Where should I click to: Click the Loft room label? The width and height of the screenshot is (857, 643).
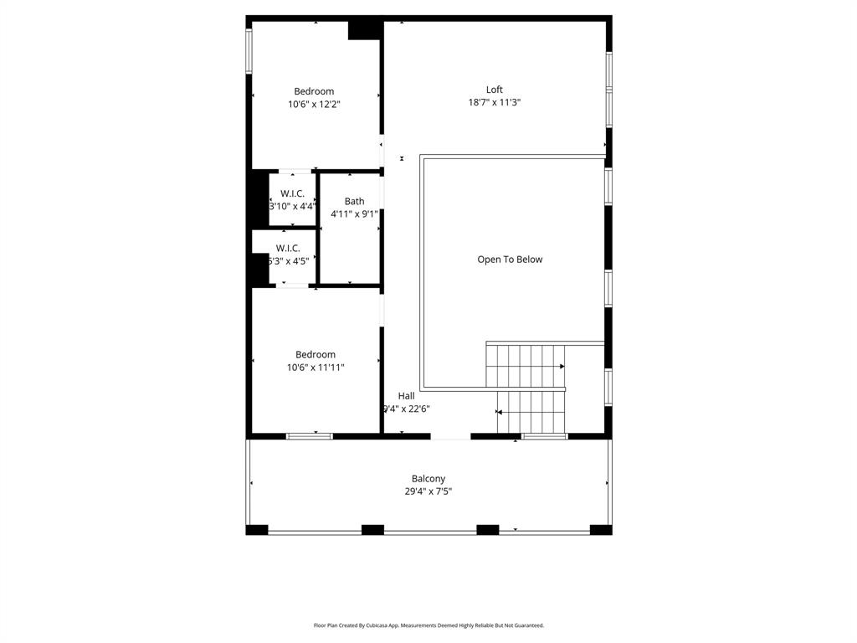click(x=495, y=90)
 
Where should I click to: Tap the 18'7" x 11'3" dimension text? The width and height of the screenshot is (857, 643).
click(x=495, y=102)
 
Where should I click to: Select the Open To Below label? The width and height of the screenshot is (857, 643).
click(x=510, y=260)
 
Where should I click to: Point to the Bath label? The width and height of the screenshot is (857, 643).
click(x=354, y=201)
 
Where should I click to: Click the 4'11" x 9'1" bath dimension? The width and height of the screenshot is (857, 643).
click(x=354, y=213)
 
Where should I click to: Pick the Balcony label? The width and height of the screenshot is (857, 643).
click(x=428, y=479)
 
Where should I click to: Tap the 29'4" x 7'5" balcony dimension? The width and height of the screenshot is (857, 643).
click(x=428, y=491)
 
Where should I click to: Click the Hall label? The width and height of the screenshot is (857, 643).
click(x=406, y=396)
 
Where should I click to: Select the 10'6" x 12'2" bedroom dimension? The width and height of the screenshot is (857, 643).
click(x=314, y=104)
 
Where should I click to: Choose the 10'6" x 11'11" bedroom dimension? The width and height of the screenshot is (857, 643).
click(x=315, y=367)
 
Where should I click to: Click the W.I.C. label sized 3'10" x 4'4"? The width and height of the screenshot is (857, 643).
click(x=292, y=193)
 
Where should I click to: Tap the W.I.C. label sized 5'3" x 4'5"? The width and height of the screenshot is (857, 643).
click(x=288, y=248)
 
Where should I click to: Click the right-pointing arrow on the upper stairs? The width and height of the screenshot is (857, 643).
click(x=562, y=367)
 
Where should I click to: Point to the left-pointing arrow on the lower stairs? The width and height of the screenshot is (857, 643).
click(x=500, y=412)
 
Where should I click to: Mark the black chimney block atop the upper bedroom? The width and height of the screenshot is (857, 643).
click(x=365, y=29)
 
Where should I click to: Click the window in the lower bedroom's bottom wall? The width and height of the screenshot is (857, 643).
click(x=310, y=436)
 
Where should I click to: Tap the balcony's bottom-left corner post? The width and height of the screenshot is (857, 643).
click(x=257, y=529)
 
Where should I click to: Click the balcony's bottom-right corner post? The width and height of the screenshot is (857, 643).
click(x=601, y=529)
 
